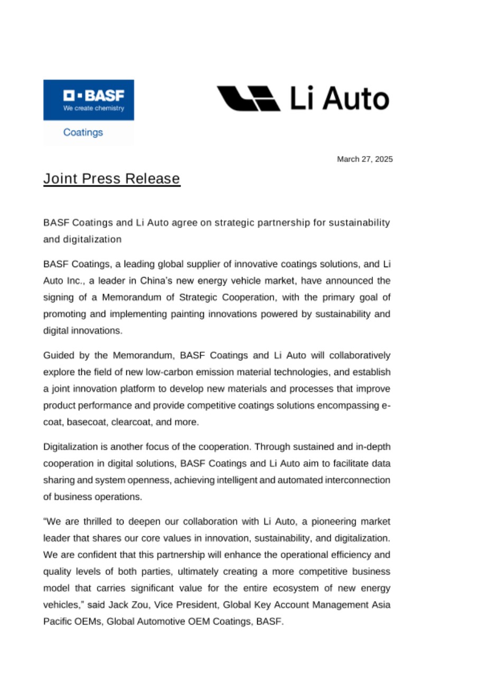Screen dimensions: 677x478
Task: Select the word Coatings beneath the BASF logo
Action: click(83, 132)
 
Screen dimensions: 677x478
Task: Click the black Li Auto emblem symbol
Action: click(249, 98)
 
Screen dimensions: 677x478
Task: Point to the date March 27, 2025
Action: click(365, 159)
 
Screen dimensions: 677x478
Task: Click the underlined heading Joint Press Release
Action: click(111, 179)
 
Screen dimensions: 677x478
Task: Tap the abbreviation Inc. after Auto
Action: click(74, 280)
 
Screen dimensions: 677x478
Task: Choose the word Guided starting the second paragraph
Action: click(59, 354)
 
